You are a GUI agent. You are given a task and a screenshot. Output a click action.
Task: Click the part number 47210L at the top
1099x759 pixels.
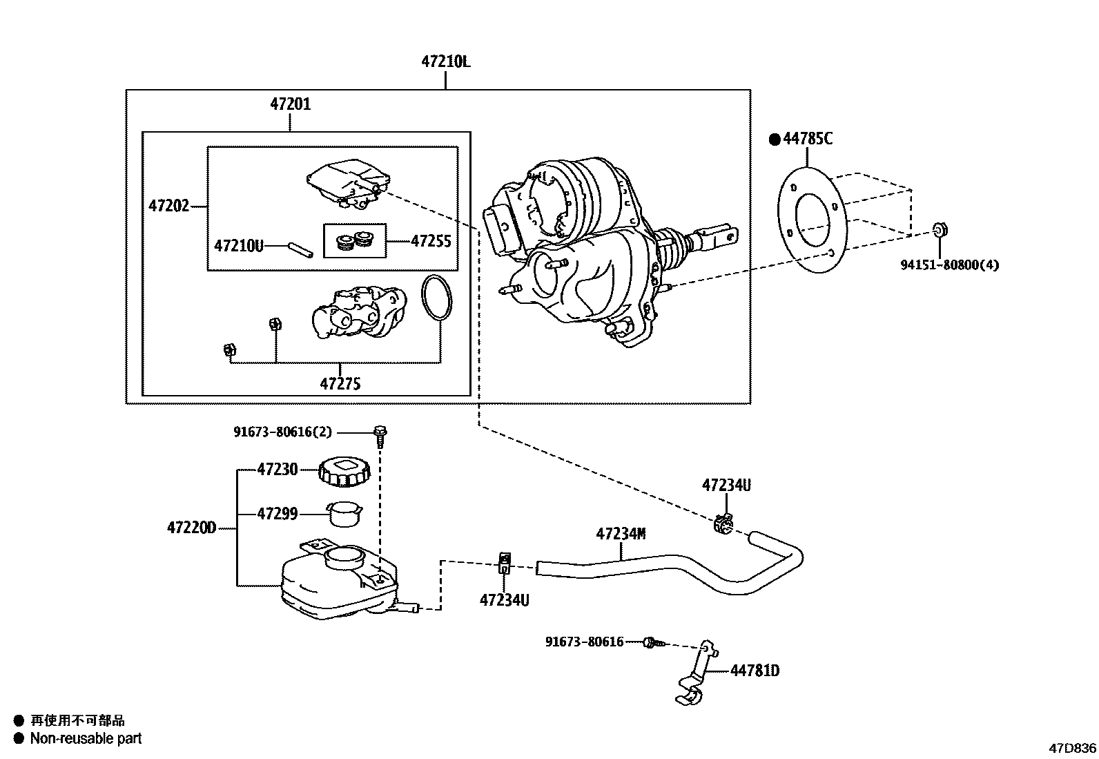pyautogui.click(x=445, y=62)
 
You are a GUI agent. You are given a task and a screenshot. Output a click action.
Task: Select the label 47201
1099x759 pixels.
pyautogui.click(x=291, y=104)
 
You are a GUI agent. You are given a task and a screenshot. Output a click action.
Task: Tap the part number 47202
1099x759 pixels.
pyautogui.click(x=168, y=206)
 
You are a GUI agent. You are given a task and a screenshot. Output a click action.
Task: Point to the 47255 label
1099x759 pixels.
pyautogui.click(x=431, y=241)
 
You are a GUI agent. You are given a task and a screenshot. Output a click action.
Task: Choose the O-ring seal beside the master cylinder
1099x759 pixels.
pyautogui.click(x=437, y=299)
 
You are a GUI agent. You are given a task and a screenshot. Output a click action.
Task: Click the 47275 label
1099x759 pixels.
pyautogui.click(x=340, y=383)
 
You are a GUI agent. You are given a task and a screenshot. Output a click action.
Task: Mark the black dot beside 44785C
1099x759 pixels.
pyautogui.click(x=775, y=140)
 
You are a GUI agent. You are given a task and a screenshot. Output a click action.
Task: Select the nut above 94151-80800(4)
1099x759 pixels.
pyautogui.click(x=940, y=230)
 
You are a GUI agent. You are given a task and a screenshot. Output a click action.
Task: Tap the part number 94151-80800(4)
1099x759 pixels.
pyautogui.click(x=949, y=265)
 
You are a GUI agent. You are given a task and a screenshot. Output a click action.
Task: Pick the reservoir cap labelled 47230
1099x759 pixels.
pyautogui.click(x=344, y=472)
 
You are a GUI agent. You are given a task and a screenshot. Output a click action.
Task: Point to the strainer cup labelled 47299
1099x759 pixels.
pyautogui.click(x=344, y=514)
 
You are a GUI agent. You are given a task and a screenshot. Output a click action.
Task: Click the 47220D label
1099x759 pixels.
pyautogui.click(x=191, y=528)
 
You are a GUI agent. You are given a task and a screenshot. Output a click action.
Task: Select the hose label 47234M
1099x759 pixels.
pyautogui.click(x=621, y=534)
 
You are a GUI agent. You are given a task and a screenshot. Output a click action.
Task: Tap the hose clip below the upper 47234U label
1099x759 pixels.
pyautogui.click(x=723, y=524)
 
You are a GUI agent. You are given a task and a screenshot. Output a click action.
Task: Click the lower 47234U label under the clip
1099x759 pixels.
pyautogui.click(x=505, y=600)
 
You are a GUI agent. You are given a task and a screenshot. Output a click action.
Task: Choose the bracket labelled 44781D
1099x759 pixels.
pyautogui.click(x=696, y=673)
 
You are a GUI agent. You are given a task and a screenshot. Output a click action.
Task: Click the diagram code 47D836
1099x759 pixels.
pyautogui.click(x=1073, y=748)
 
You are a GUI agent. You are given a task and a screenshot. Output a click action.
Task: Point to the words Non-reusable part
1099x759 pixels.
pyautogui.click(x=86, y=738)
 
